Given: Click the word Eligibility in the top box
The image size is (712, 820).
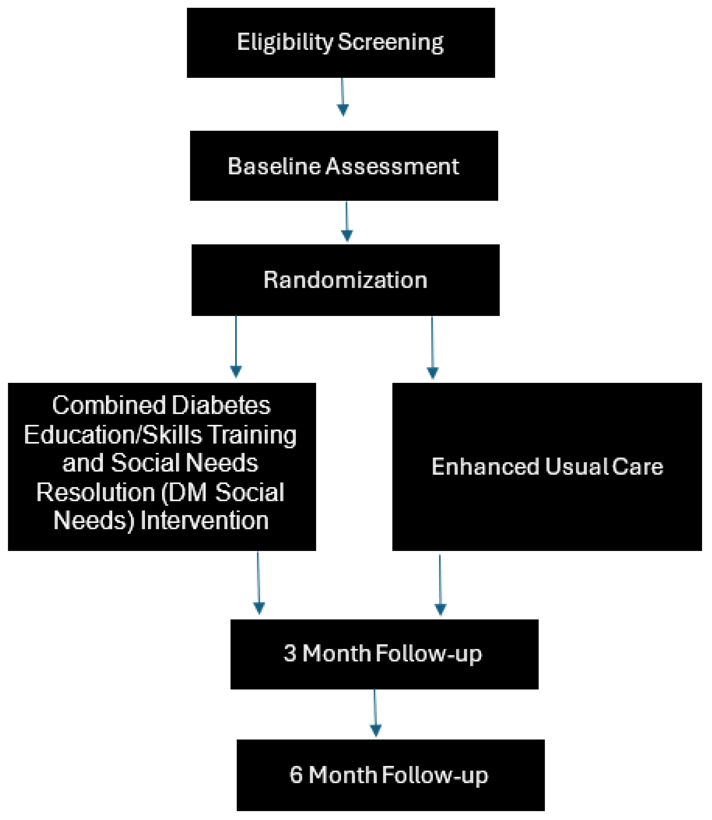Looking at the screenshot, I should point(285,42).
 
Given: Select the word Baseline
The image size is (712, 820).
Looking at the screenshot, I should point(274,166).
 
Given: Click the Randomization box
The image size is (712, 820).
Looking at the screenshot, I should point(345,280).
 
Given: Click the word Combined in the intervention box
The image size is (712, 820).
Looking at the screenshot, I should point(109,405).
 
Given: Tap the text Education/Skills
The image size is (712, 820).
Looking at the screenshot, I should point(113,435).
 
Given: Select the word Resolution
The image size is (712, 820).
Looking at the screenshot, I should point(95,493).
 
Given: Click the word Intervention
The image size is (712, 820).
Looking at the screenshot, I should point(205,521).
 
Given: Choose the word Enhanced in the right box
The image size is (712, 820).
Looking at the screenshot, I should point(485,467).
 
